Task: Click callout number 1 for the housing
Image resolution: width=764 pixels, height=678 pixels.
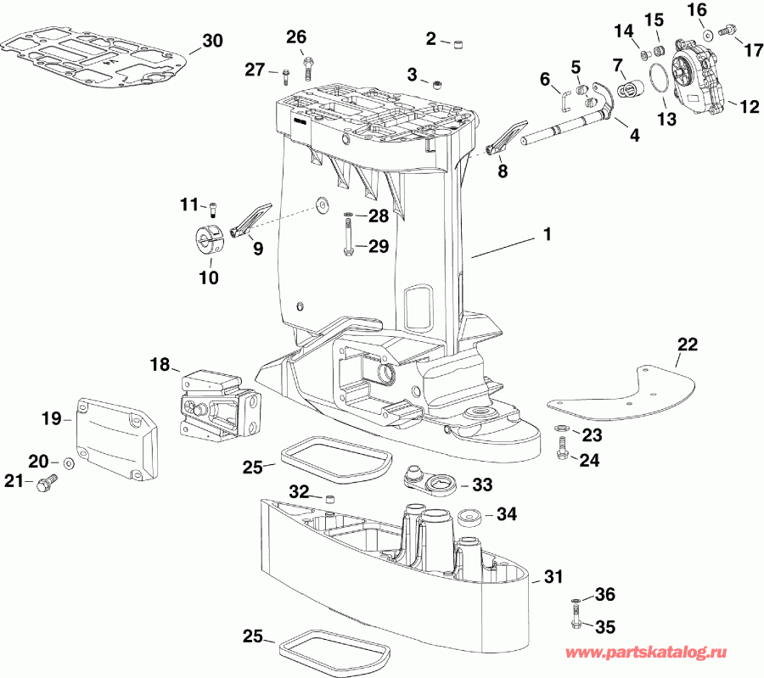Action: (548, 235)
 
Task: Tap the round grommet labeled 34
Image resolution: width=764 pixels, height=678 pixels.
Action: (470, 516)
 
